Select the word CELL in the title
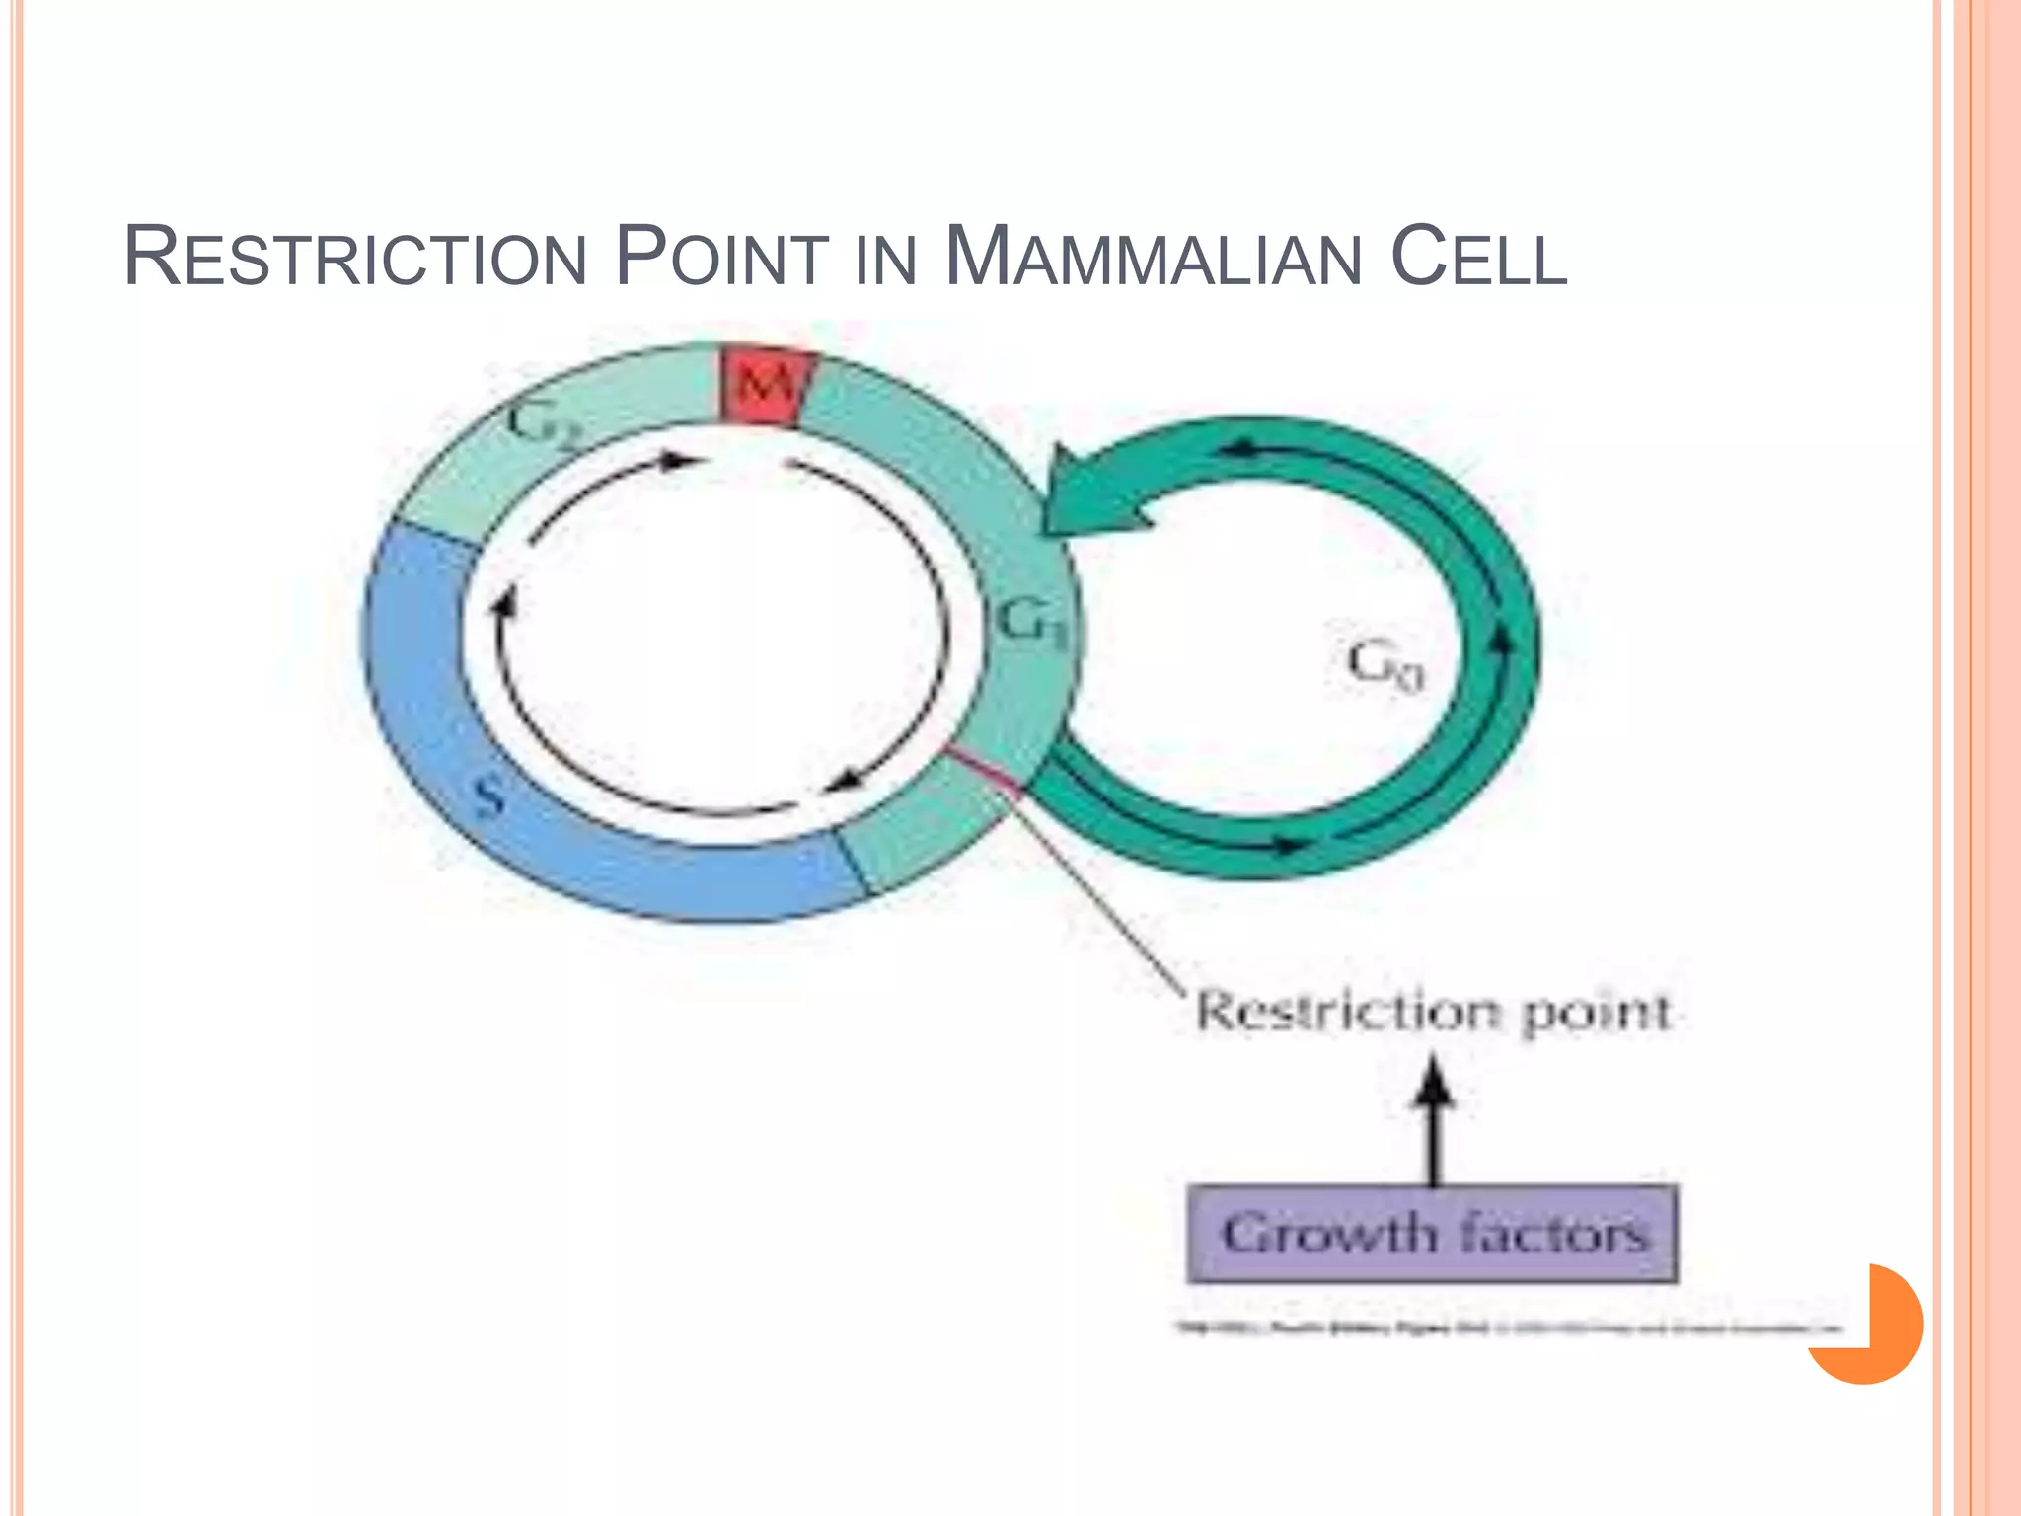[x=1477, y=259]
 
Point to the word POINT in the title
[x=721, y=259]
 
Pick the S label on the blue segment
[x=488, y=796]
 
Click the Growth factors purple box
[x=1433, y=1234]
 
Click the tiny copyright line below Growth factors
[x=1510, y=1328]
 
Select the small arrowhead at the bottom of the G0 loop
[x=1286, y=845]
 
